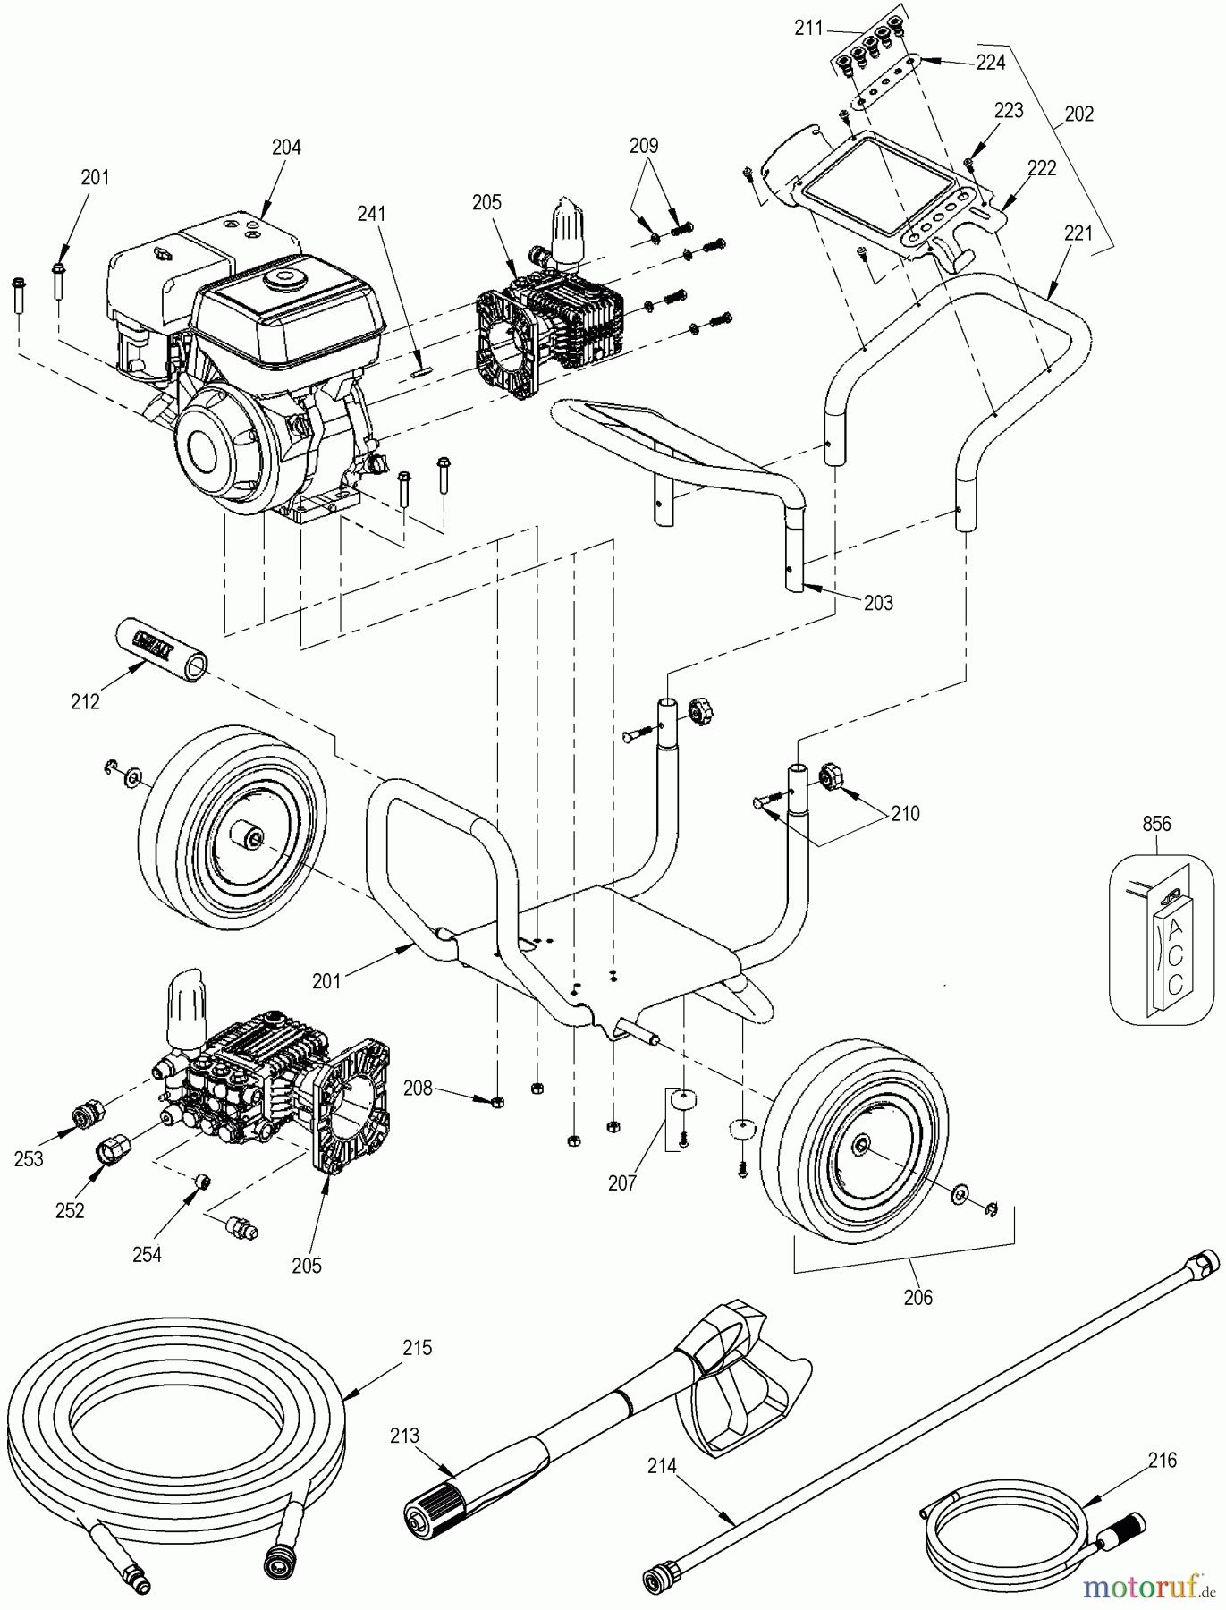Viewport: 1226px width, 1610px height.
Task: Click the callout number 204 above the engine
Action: (286, 148)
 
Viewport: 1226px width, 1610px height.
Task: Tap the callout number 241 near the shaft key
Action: (371, 214)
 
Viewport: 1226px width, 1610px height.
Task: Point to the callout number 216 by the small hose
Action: (1163, 1461)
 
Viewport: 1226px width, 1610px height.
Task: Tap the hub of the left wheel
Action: (249, 837)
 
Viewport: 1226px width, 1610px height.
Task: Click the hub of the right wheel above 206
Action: (862, 1148)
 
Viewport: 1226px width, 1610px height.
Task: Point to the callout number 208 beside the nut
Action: (418, 1089)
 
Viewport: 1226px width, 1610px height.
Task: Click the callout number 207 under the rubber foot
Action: (621, 1183)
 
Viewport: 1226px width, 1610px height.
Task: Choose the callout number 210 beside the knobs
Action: (905, 814)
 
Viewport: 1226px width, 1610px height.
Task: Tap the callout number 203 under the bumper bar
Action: (878, 603)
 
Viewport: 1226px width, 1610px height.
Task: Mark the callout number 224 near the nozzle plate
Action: (991, 62)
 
